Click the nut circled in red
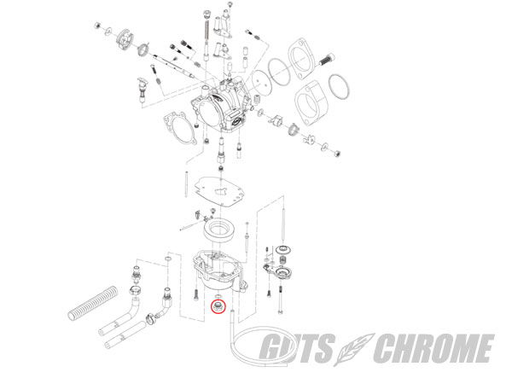click(x=218, y=306)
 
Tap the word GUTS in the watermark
click(x=298, y=348)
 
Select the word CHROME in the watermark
click(x=433, y=348)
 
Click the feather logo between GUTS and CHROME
click(x=354, y=349)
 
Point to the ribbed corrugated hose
click(x=93, y=303)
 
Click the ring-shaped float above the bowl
click(x=219, y=230)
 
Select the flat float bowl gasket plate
click(x=219, y=191)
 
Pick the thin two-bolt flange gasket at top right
click(x=302, y=58)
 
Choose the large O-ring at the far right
click(x=339, y=86)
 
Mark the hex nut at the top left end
click(x=97, y=25)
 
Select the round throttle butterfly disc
click(x=262, y=83)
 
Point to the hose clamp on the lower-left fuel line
click(x=150, y=317)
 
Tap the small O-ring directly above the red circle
click(x=218, y=296)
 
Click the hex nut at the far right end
click(x=337, y=153)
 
